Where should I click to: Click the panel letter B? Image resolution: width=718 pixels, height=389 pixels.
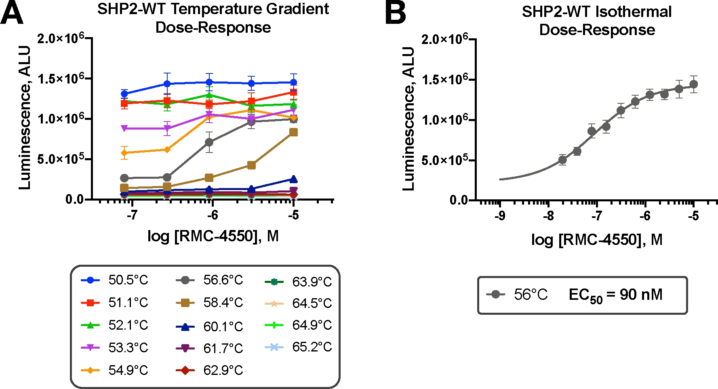point(395,13)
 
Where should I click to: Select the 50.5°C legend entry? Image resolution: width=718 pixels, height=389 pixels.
point(115,280)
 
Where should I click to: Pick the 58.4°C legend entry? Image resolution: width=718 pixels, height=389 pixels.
point(210,303)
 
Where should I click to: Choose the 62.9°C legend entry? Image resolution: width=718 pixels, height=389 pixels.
point(210,370)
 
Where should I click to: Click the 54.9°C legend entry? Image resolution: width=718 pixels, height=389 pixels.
point(115,370)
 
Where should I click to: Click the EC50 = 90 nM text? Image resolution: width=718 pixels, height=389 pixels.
point(615,295)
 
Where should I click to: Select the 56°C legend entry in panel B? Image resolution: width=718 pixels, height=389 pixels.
point(517,295)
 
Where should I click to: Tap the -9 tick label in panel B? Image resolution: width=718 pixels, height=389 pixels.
point(500,216)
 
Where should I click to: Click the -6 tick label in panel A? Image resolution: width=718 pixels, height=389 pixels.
point(213,215)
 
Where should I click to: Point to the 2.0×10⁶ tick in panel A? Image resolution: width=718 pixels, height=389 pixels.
point(61,39)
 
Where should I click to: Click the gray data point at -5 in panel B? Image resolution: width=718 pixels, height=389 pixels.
point(694,84)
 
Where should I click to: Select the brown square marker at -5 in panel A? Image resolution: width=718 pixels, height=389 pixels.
point(293,132)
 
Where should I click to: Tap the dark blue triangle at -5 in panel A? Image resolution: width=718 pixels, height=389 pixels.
point(293,179)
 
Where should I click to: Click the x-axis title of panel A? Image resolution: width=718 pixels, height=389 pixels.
point(213,236)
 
